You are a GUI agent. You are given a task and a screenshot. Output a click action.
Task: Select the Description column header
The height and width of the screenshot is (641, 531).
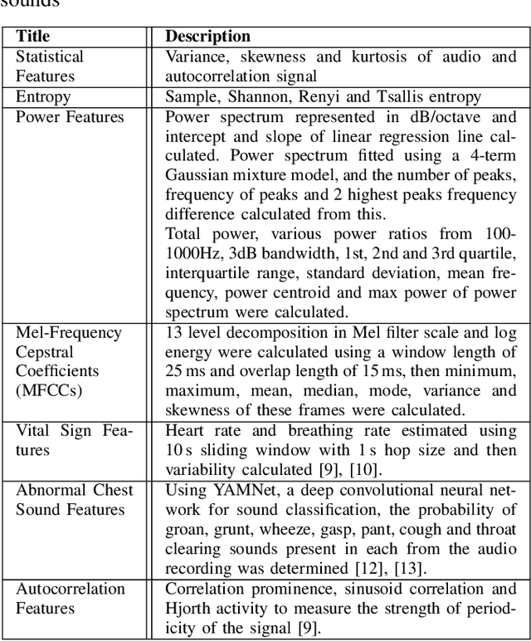[208, 37]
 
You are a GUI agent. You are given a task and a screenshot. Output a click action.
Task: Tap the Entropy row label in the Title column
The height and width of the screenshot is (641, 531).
[43, 97]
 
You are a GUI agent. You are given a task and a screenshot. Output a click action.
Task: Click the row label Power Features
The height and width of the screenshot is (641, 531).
[70, 117]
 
